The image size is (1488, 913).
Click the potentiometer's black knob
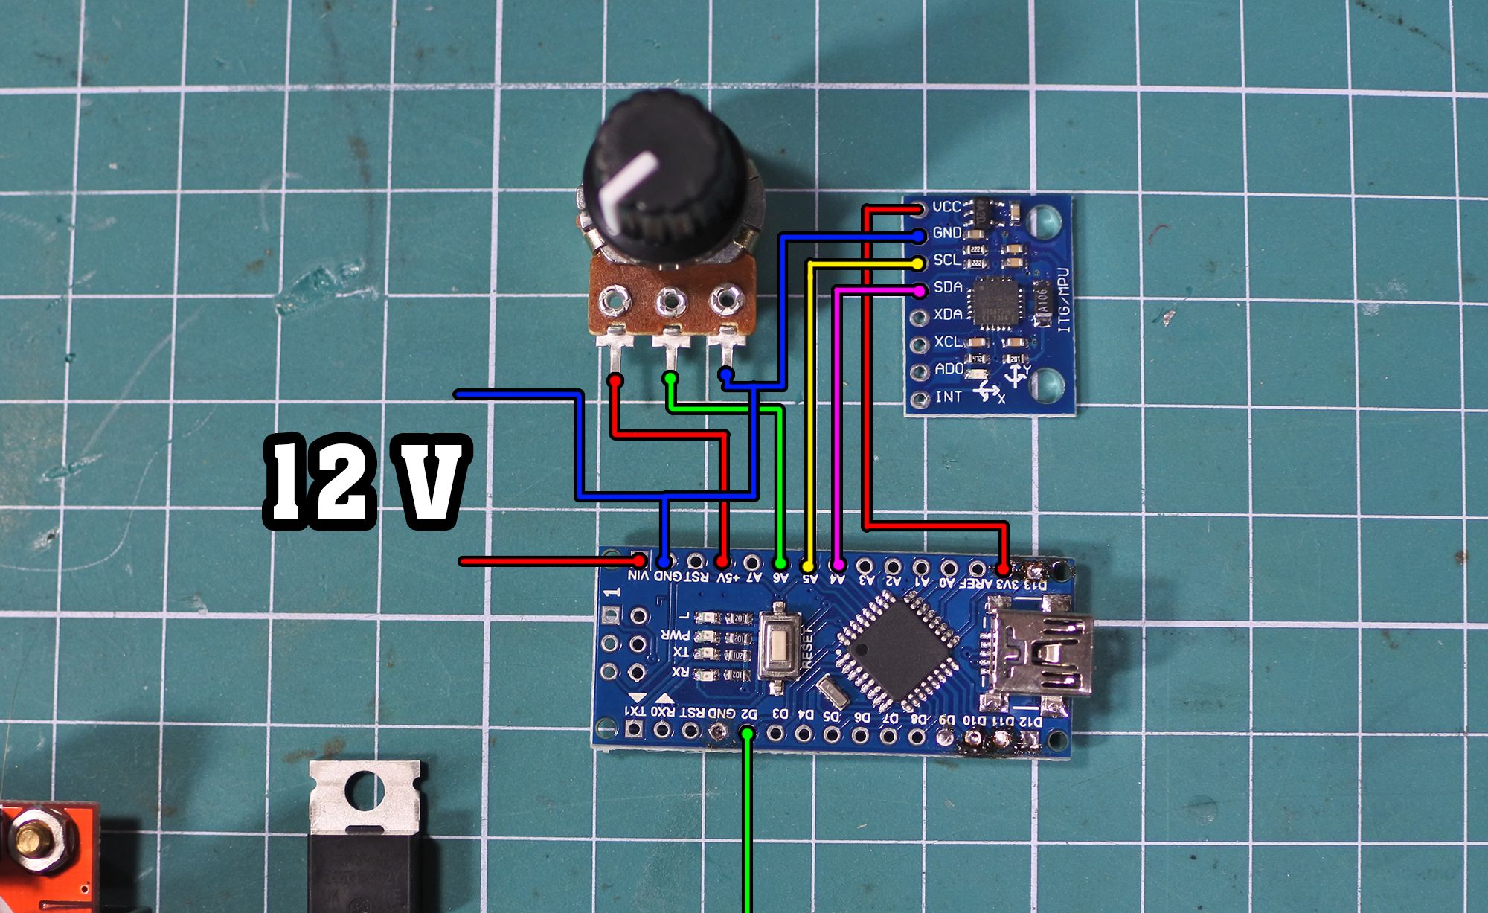tap(655, 179)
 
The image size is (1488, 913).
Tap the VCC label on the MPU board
tap(946, 206)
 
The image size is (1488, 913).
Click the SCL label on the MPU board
tap(946, 260)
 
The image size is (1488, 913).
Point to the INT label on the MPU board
tap(948, 397)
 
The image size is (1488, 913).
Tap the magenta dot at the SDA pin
tap(920, 289)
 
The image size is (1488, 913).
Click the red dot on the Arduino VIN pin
tap(638, 560)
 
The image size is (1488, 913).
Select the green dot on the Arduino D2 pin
tap(748, 734)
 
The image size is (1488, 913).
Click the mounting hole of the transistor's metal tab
tap(364, 792)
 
